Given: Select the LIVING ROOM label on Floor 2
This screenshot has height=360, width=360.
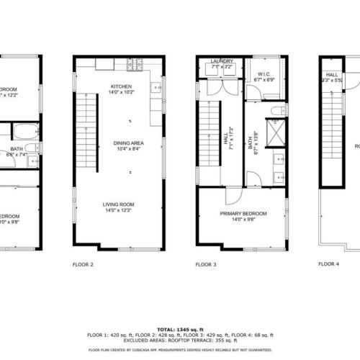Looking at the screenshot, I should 120,204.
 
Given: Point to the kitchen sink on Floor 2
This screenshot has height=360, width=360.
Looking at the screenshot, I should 156,88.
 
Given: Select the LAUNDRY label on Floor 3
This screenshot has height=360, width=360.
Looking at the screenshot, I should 222,62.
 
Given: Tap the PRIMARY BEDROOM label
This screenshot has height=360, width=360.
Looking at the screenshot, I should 243,214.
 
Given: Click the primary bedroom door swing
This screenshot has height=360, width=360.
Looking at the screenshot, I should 233,197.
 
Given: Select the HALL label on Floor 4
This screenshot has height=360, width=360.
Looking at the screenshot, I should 332,74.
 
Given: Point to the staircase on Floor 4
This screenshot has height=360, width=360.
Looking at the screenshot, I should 332,130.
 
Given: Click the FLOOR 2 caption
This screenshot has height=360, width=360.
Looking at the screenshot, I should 83,264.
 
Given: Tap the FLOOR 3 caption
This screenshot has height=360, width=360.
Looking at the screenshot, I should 205,264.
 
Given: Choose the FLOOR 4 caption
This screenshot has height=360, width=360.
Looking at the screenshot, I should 328,264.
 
